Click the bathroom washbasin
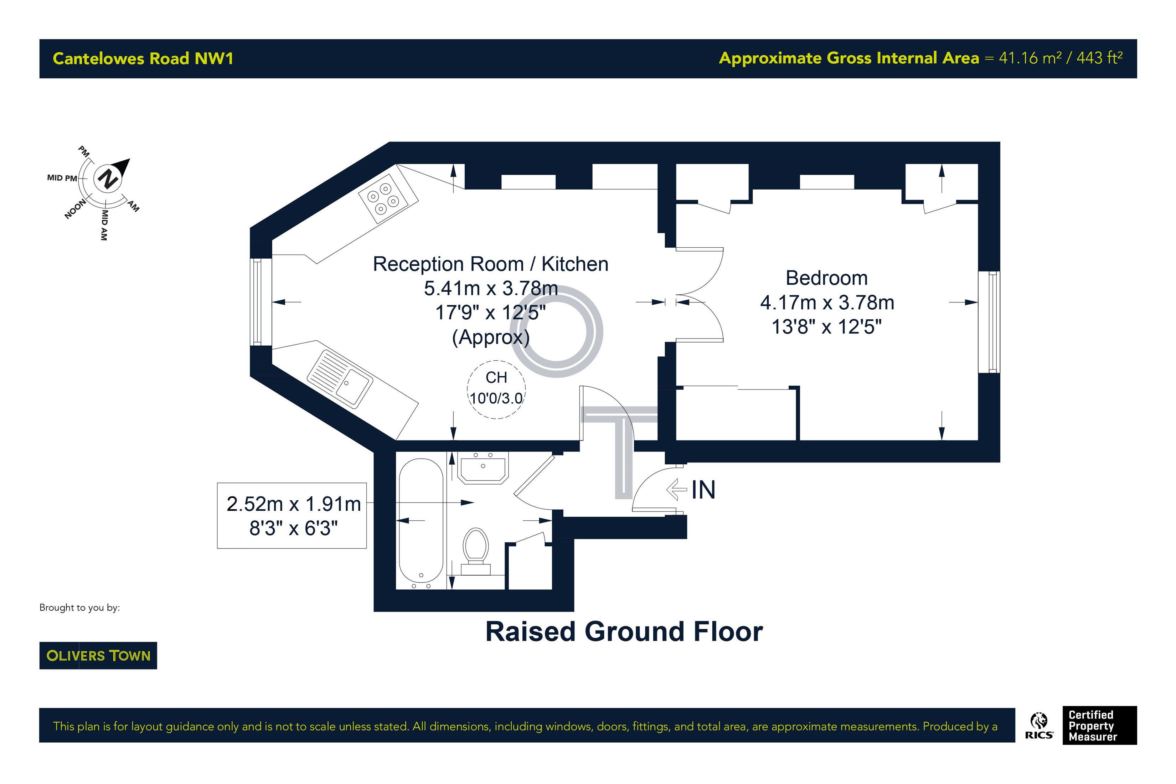(x=483, y=468)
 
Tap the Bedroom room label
(x=826, y=278)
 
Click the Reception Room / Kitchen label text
(x=490, y=264)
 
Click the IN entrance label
(x=703, y=490)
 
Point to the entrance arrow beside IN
(x=676, y=490)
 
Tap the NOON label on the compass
(x=75, y=209)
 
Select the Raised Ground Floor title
(x=624, y=631)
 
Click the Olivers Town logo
(x=98, y=655)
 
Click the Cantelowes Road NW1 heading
(x=143, y=58)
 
